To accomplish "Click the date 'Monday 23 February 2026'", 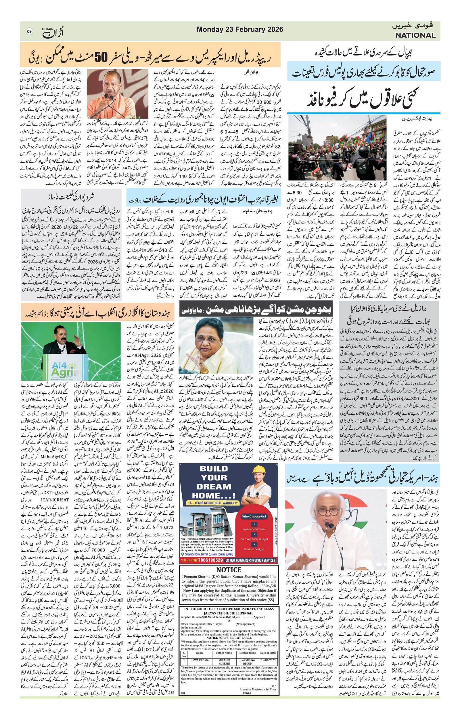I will pyautogui.click(x=240, y=30).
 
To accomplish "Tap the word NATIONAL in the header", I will pyautogui.click(x=415, y=35).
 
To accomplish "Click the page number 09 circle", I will pyautogui.click(x=29, y=32).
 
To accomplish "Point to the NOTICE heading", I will pyautogui.click(x=229, y=570).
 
